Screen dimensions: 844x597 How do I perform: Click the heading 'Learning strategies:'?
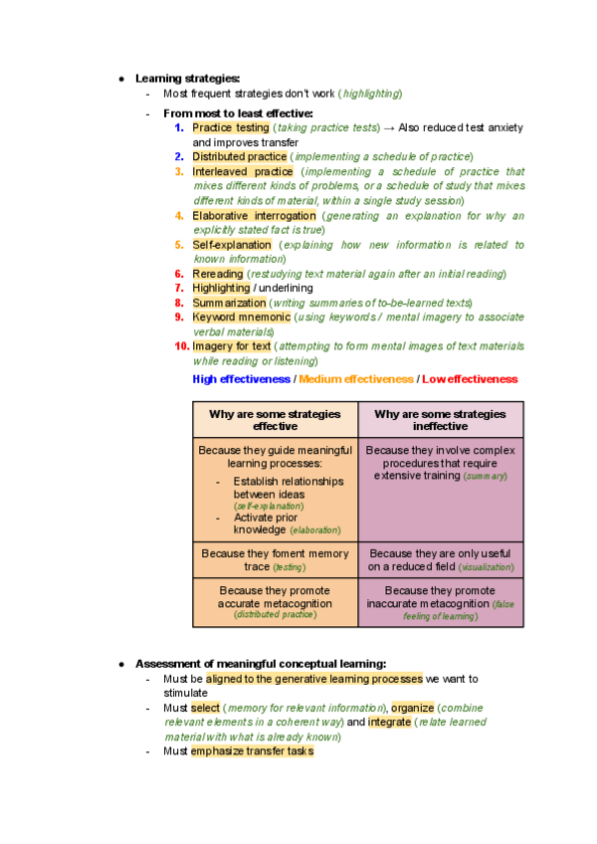[187, 78]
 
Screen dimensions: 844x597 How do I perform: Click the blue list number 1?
[179, 128]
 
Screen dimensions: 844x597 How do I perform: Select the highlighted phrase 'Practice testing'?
[231, 128]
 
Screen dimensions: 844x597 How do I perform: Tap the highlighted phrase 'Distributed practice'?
[240, 157]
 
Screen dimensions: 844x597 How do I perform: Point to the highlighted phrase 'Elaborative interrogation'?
[254, 216]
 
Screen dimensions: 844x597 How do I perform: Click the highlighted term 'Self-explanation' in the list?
[232, 245]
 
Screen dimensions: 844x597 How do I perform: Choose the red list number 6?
[179, 274]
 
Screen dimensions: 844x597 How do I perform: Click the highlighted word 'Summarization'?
[229, 303]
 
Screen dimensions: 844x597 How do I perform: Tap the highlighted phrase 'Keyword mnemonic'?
[241, 317]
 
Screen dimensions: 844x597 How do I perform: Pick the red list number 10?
[181, 346]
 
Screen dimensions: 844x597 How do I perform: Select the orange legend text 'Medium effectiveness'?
[355, 379]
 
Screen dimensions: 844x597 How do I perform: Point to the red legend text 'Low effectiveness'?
[470, 379]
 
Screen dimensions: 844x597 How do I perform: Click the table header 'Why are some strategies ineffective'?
[440, 420]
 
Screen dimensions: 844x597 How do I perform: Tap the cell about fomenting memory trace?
[275, 559]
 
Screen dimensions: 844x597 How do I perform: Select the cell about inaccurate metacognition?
[440, 603]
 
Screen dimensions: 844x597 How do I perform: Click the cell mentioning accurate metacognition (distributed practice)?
[275, 602]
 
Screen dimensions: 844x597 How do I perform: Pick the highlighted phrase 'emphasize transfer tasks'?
[252, 751]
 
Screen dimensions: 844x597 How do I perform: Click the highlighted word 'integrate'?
[389, 722]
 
